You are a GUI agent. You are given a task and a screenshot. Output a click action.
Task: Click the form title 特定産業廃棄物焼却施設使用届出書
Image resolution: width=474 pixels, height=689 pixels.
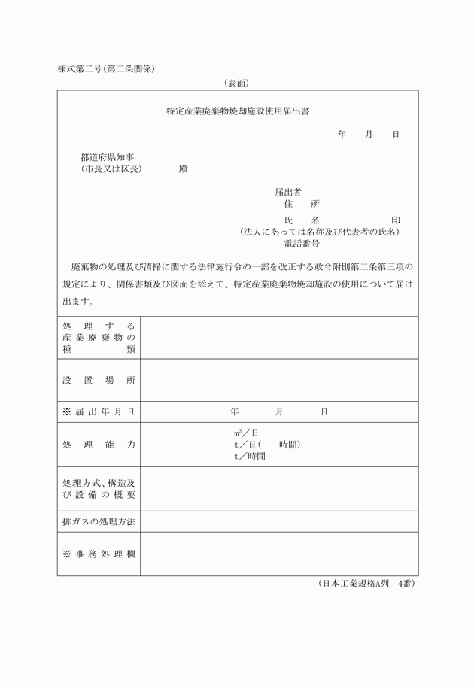tap(238, 111)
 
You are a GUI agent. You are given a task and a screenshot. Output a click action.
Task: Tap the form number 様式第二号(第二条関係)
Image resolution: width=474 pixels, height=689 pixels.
tap(106, 69)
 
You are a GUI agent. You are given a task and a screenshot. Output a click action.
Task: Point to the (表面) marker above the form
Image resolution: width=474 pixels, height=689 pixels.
tap(236, 83)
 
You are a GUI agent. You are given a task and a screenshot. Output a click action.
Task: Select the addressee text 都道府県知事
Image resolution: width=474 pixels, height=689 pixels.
tap(108, 157)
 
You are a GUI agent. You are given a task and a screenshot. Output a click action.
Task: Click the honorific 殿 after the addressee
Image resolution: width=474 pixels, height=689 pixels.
tap(184, 169)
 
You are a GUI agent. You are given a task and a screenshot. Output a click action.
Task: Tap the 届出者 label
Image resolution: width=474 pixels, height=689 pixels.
tap(288, 192)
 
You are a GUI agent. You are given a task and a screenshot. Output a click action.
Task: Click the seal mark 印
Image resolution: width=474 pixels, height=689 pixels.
tap(396, 220)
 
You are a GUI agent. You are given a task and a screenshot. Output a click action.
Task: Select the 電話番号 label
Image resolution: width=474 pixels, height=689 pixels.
tap(302, 244)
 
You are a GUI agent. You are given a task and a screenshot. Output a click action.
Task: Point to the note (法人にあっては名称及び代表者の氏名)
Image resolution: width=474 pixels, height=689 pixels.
tap(320, 232)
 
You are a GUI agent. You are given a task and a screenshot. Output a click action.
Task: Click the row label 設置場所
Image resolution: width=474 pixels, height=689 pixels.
tap(99, 380)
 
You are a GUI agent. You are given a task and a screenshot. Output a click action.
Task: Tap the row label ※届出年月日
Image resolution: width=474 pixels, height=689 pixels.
tap(99, 411)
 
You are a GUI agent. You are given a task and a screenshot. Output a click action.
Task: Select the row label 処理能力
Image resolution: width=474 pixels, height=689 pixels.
tap(99, 445)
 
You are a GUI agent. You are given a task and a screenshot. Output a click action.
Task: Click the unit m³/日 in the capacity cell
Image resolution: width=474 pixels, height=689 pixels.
tap(246, 433)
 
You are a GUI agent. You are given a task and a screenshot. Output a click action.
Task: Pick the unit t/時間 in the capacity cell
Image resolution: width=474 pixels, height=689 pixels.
tap(250, 456)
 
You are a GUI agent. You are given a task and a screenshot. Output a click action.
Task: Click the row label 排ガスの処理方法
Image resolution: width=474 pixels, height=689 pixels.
tap(99, 521)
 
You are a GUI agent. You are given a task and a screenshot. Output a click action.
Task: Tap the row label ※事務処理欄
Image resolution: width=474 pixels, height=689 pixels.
tap(99, 554)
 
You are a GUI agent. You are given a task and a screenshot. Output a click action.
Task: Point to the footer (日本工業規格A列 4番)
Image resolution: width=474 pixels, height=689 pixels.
tap(366, 584)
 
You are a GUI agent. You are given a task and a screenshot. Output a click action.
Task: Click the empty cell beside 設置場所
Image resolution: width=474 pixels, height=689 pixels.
tap(278, 380)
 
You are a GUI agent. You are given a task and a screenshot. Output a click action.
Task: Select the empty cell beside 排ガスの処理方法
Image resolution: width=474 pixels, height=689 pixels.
tap(278, 521)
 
